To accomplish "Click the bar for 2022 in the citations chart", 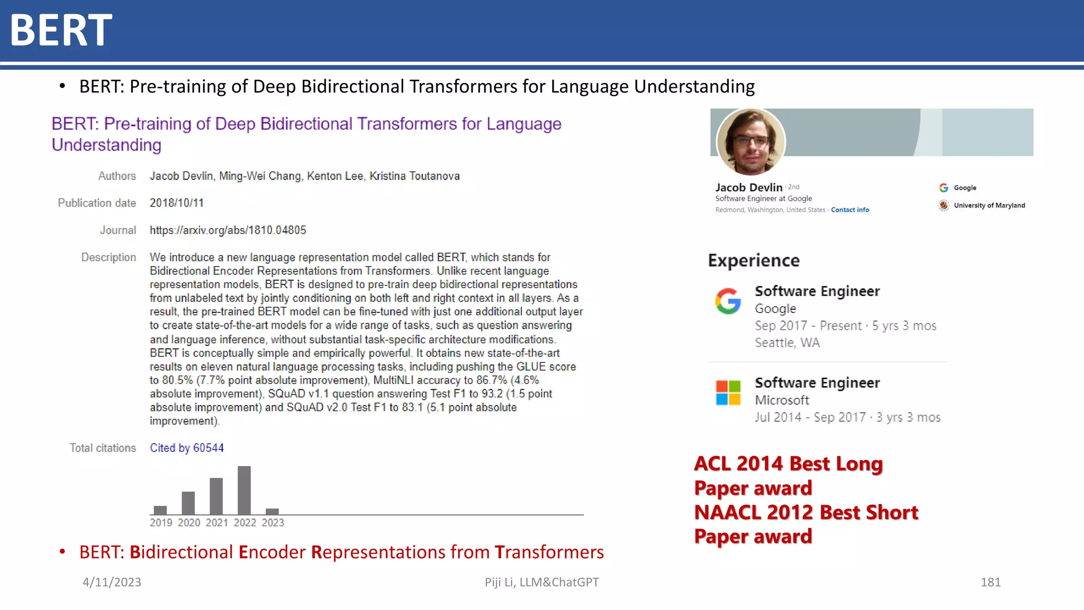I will [244, 490].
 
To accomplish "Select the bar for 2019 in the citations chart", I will [160, 510].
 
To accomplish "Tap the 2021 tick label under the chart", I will [217, 523].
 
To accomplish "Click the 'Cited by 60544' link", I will [187, 448].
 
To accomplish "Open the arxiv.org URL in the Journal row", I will [228, 230].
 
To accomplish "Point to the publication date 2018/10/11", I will [177, 203].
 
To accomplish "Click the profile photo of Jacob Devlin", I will [751, 142].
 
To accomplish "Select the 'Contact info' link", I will [850, 210].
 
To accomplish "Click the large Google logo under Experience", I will [728, 301].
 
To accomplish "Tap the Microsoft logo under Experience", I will [728, 393].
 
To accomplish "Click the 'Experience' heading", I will [754, 261].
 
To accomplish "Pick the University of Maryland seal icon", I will [944, 205].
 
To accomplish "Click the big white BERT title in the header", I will [61, 30].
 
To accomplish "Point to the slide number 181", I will [990, 582].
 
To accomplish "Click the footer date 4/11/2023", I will [112, 582].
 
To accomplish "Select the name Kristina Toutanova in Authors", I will [414, 176].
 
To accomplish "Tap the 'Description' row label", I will [109, 257].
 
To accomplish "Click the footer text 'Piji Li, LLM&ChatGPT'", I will [541, 582].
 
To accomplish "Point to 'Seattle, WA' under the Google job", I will [787, 343].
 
